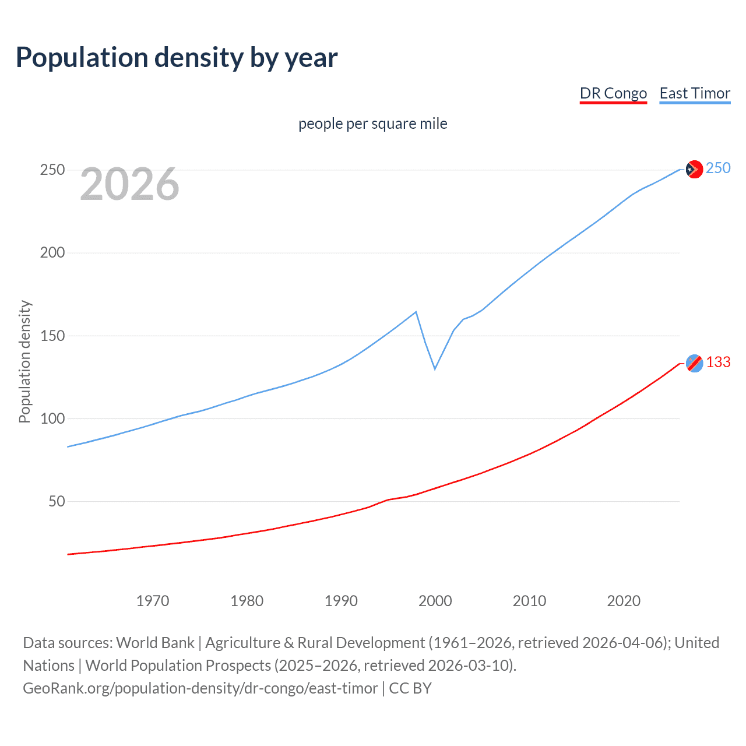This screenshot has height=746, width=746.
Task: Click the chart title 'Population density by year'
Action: pos(177,58)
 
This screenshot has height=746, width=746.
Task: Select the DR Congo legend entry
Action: pos(613,93)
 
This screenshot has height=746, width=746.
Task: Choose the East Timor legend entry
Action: pos(695,93)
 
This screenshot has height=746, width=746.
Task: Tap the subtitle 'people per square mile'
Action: pos(372,124)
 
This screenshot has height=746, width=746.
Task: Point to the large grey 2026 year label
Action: pos(129,184)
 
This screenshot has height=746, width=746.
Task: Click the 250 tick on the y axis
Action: pos(52,170)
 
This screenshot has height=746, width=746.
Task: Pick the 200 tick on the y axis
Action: pos(52,253)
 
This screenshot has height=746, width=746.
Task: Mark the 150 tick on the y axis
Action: pos(52,336)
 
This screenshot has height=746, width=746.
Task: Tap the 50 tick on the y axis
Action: pos(57,501)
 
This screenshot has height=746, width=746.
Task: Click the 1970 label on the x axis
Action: pos(153,601)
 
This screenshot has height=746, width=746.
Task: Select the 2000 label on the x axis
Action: pos(435,601)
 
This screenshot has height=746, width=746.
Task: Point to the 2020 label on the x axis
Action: pos(624,601)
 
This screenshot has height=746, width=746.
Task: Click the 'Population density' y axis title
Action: pos(24,361)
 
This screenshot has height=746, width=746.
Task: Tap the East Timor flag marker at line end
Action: pos(694,169)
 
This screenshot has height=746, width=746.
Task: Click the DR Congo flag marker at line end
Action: pos(694,363)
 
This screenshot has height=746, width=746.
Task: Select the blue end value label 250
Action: pos(718,168)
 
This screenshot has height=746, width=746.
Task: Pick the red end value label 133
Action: pos(718,363)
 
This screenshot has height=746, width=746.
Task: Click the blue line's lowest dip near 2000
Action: pos(435,368)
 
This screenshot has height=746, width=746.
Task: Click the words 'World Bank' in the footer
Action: pos(155,643)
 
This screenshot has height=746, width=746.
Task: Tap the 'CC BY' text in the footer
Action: pos(410,688)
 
